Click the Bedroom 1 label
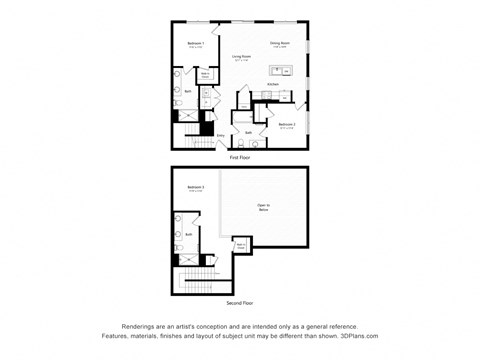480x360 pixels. point(196,43)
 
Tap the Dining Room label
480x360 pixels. point(279,43)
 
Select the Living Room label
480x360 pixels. point(242,57)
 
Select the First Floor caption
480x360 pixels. point(240,157)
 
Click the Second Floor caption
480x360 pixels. point(240,301)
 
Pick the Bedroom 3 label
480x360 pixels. point(196,188)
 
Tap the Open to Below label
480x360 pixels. point(264,208)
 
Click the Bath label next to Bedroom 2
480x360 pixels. point(248,132)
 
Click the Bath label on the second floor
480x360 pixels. point(188,234)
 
